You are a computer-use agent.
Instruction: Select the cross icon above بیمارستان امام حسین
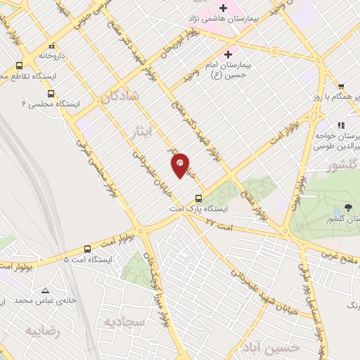pyautogui.click(x=228, y=53)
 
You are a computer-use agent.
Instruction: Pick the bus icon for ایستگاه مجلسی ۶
pyautogui.click(x=51, y=93)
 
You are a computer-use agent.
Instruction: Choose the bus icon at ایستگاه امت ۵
pyautogui.click(x=87, y=248)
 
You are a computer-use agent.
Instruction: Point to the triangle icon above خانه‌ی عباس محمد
pyautogui.click(x=45, y=290)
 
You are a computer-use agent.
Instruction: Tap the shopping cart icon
pyautogui.click(x=340, y=85)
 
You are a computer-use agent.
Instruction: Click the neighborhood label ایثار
pyautogui.click(x=141, y=131)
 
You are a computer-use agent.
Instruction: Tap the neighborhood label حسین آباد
pyautogui.click(x=299, y=347)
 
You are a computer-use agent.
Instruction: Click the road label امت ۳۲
pyautogui.click(x=220, y=223)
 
